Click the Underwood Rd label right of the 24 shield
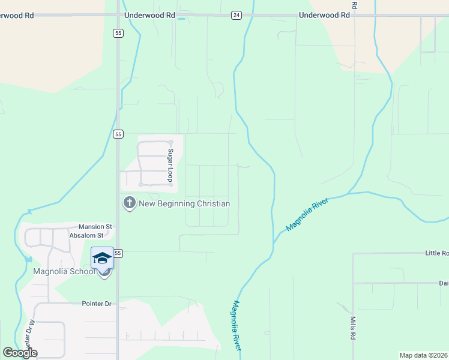324,15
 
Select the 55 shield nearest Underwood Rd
118,34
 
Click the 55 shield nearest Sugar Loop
118,134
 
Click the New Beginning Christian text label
184,203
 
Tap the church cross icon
129,203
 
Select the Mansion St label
95,227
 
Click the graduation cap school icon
102,258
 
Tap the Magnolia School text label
65,271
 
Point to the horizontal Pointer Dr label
97,304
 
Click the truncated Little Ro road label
436,253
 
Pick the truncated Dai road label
443,283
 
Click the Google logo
20,353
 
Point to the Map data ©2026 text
423,355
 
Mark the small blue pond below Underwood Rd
181,19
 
